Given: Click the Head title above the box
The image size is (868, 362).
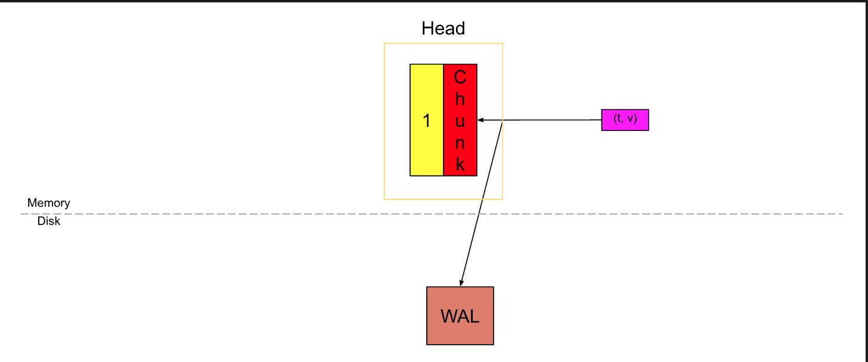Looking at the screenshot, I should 443,28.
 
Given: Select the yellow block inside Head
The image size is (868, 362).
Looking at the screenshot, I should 427,95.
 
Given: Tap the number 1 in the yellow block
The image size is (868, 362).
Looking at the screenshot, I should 427,121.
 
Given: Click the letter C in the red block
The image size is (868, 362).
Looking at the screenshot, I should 460,77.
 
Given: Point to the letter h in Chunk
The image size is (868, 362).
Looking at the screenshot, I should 460,99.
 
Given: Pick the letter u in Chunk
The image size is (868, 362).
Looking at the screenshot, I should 460,121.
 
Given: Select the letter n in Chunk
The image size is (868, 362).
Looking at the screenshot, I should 460,143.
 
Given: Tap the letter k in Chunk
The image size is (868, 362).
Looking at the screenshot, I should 460,165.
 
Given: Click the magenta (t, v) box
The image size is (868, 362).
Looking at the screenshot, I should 625,120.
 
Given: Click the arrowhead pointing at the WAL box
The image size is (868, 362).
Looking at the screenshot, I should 461,283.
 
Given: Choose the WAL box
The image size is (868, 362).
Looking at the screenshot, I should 460,316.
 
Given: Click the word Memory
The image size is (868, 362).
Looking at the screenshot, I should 48,203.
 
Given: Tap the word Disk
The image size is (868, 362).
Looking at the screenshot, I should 48,221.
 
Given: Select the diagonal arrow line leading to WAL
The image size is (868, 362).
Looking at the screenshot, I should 482,202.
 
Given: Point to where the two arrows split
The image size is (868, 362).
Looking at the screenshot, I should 503,120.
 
